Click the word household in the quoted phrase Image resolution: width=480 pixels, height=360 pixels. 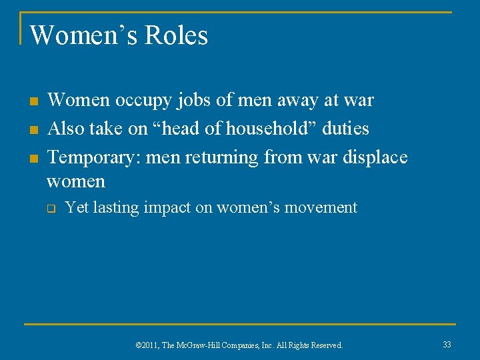[269, 128]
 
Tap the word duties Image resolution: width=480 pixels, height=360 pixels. [345, 128]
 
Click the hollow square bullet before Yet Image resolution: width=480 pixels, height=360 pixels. [50, 209]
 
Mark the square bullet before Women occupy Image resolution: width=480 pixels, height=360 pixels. [32, 102]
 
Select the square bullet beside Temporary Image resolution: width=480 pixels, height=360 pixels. [32, 159]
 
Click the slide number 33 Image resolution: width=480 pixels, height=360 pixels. [446, 345]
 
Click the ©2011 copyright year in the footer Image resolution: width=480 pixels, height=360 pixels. [148, 345]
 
